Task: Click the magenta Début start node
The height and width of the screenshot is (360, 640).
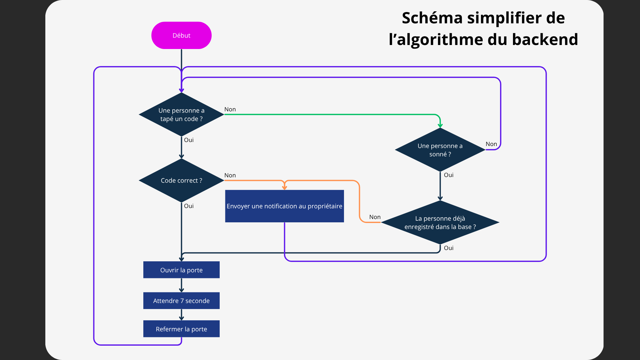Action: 181,35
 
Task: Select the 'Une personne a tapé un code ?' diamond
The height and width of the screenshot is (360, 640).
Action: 181,114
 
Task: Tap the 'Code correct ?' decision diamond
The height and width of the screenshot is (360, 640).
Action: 181,180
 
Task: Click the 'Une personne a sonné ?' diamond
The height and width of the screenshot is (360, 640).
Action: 440,150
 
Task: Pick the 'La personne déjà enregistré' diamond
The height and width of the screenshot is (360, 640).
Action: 440,222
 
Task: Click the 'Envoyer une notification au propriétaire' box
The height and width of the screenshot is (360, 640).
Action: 284,206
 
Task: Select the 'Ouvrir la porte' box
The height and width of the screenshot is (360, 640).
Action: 181,270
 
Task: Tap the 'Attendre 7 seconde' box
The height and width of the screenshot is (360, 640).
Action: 181,301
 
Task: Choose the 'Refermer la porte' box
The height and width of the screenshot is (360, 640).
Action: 181,329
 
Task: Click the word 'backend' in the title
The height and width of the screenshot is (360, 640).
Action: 545,39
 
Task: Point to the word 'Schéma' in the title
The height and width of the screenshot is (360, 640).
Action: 432,18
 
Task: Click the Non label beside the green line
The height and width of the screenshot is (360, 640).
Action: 230,109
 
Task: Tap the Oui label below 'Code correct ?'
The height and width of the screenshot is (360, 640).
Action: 189,206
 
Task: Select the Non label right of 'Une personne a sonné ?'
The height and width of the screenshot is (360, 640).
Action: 491,144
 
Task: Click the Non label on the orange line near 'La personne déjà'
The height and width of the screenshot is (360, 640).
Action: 375,217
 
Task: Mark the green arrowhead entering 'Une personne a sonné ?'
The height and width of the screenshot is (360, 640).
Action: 440,126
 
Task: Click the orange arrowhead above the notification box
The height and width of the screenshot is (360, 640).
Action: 284,188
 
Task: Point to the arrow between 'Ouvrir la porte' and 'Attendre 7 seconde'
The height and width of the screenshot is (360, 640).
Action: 181,286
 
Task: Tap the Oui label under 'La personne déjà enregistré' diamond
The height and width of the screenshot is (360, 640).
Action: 448,248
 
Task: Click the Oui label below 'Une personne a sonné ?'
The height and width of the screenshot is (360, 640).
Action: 448,175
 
